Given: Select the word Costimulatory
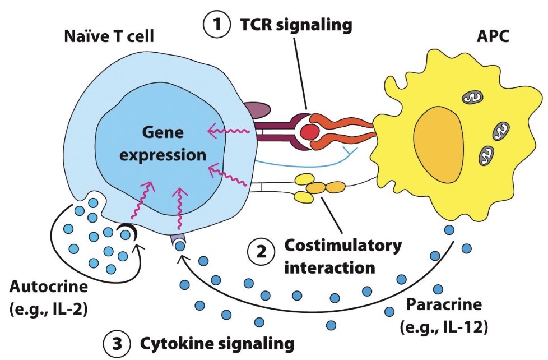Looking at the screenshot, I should pyautogui.click(x=342, y=246).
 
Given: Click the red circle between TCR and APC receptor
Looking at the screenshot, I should pyautogui.click(x=309, y=132).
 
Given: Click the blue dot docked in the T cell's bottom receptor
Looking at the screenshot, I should pyautogui.click(x=179, y=245).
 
